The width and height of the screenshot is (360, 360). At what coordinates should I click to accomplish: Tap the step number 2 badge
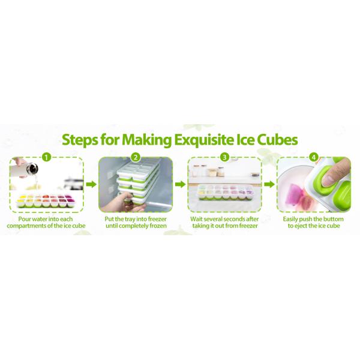[x=136, y=157]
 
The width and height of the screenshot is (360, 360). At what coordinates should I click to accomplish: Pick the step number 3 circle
[x=224, y=157]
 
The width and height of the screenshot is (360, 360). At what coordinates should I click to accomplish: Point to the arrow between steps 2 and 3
[x=180, y=185]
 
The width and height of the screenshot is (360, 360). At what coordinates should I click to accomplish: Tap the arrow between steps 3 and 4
[x=268, y=185]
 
